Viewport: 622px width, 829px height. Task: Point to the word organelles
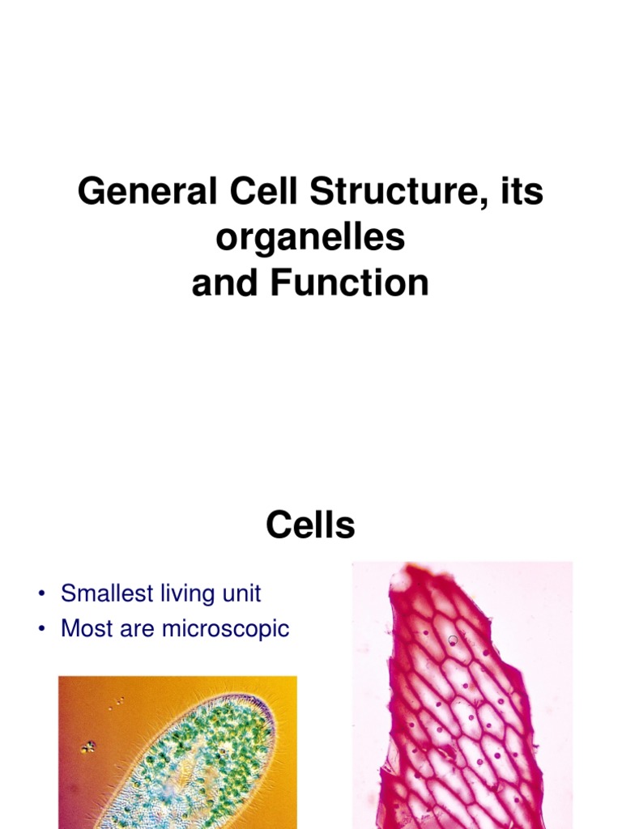(311, 239)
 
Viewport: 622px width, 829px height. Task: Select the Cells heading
(311, 526)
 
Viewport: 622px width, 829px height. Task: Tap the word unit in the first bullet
(241, 593)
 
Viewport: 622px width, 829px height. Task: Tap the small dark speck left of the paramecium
(88, 746)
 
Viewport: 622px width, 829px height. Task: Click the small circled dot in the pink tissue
(453, 640)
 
